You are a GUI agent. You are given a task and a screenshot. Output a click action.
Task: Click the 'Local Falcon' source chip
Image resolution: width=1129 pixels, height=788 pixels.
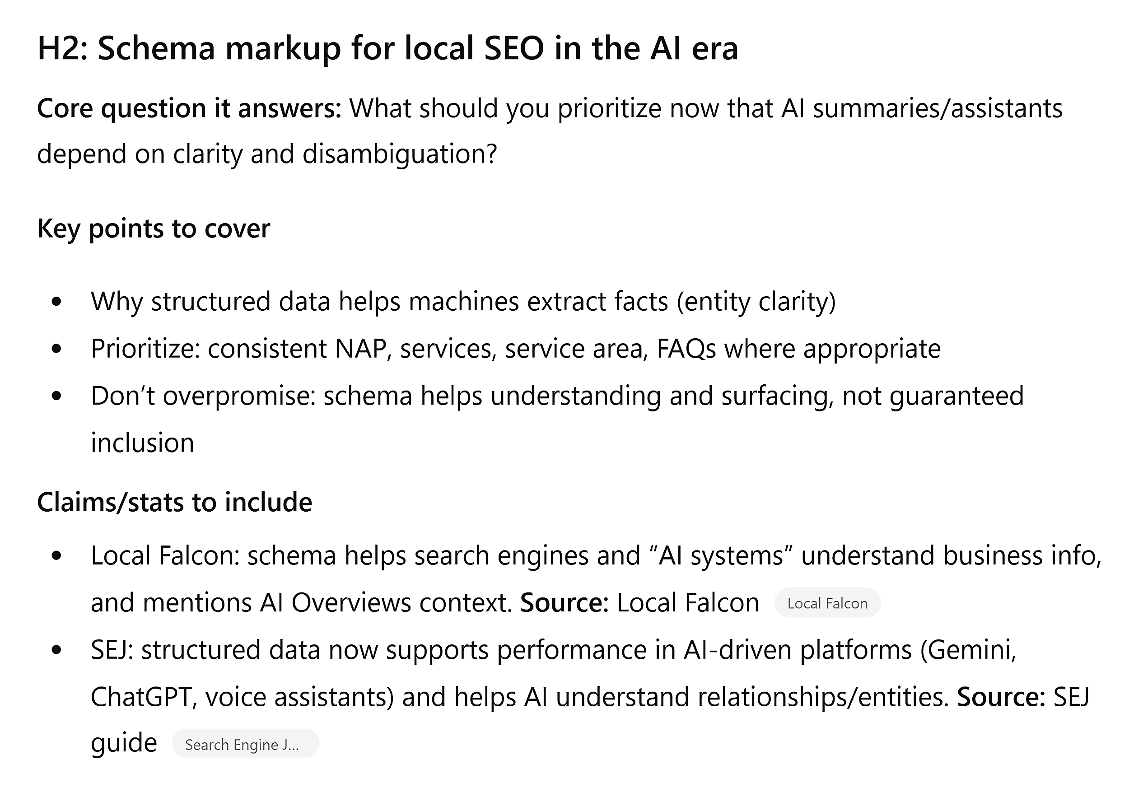(x=827, y=603)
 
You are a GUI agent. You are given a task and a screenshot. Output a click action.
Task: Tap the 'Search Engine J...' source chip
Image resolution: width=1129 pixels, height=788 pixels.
(x=245, y=744)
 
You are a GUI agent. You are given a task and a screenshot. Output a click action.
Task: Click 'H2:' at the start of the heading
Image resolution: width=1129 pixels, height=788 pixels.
(x=62, y=48)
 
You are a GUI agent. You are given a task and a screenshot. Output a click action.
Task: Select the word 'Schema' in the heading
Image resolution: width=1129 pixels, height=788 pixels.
(x=156, y=48)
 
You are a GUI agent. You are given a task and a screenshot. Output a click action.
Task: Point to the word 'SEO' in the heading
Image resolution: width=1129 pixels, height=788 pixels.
(x=514, y=48)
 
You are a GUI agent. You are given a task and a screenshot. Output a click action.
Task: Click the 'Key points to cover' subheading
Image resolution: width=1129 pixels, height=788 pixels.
(x=154, y=229)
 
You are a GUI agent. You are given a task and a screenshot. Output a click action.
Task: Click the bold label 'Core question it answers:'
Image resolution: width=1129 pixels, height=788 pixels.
(x=189, y=109)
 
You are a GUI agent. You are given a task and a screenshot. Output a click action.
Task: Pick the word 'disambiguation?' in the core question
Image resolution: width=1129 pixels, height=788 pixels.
(x=400, y=154)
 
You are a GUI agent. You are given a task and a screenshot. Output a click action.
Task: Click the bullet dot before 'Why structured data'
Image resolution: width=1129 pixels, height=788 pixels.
(x=56, y=301)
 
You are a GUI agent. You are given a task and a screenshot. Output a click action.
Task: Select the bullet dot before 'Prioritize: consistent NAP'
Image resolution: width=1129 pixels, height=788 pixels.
(x=56, y=349)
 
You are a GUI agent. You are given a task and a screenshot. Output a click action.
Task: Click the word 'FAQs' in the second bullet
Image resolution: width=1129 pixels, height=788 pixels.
(x=686, y=349)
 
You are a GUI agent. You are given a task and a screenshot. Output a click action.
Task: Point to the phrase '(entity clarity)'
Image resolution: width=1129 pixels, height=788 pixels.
(x=756, y=301)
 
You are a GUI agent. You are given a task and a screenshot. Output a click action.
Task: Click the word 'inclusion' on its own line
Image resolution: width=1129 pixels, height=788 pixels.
(x=143, y=443)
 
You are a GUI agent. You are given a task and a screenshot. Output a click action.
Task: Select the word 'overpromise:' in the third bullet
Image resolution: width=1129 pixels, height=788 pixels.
(x=239, y=396)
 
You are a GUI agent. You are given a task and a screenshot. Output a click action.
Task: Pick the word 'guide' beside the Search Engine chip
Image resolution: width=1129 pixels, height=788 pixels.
(x=124, y=743)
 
